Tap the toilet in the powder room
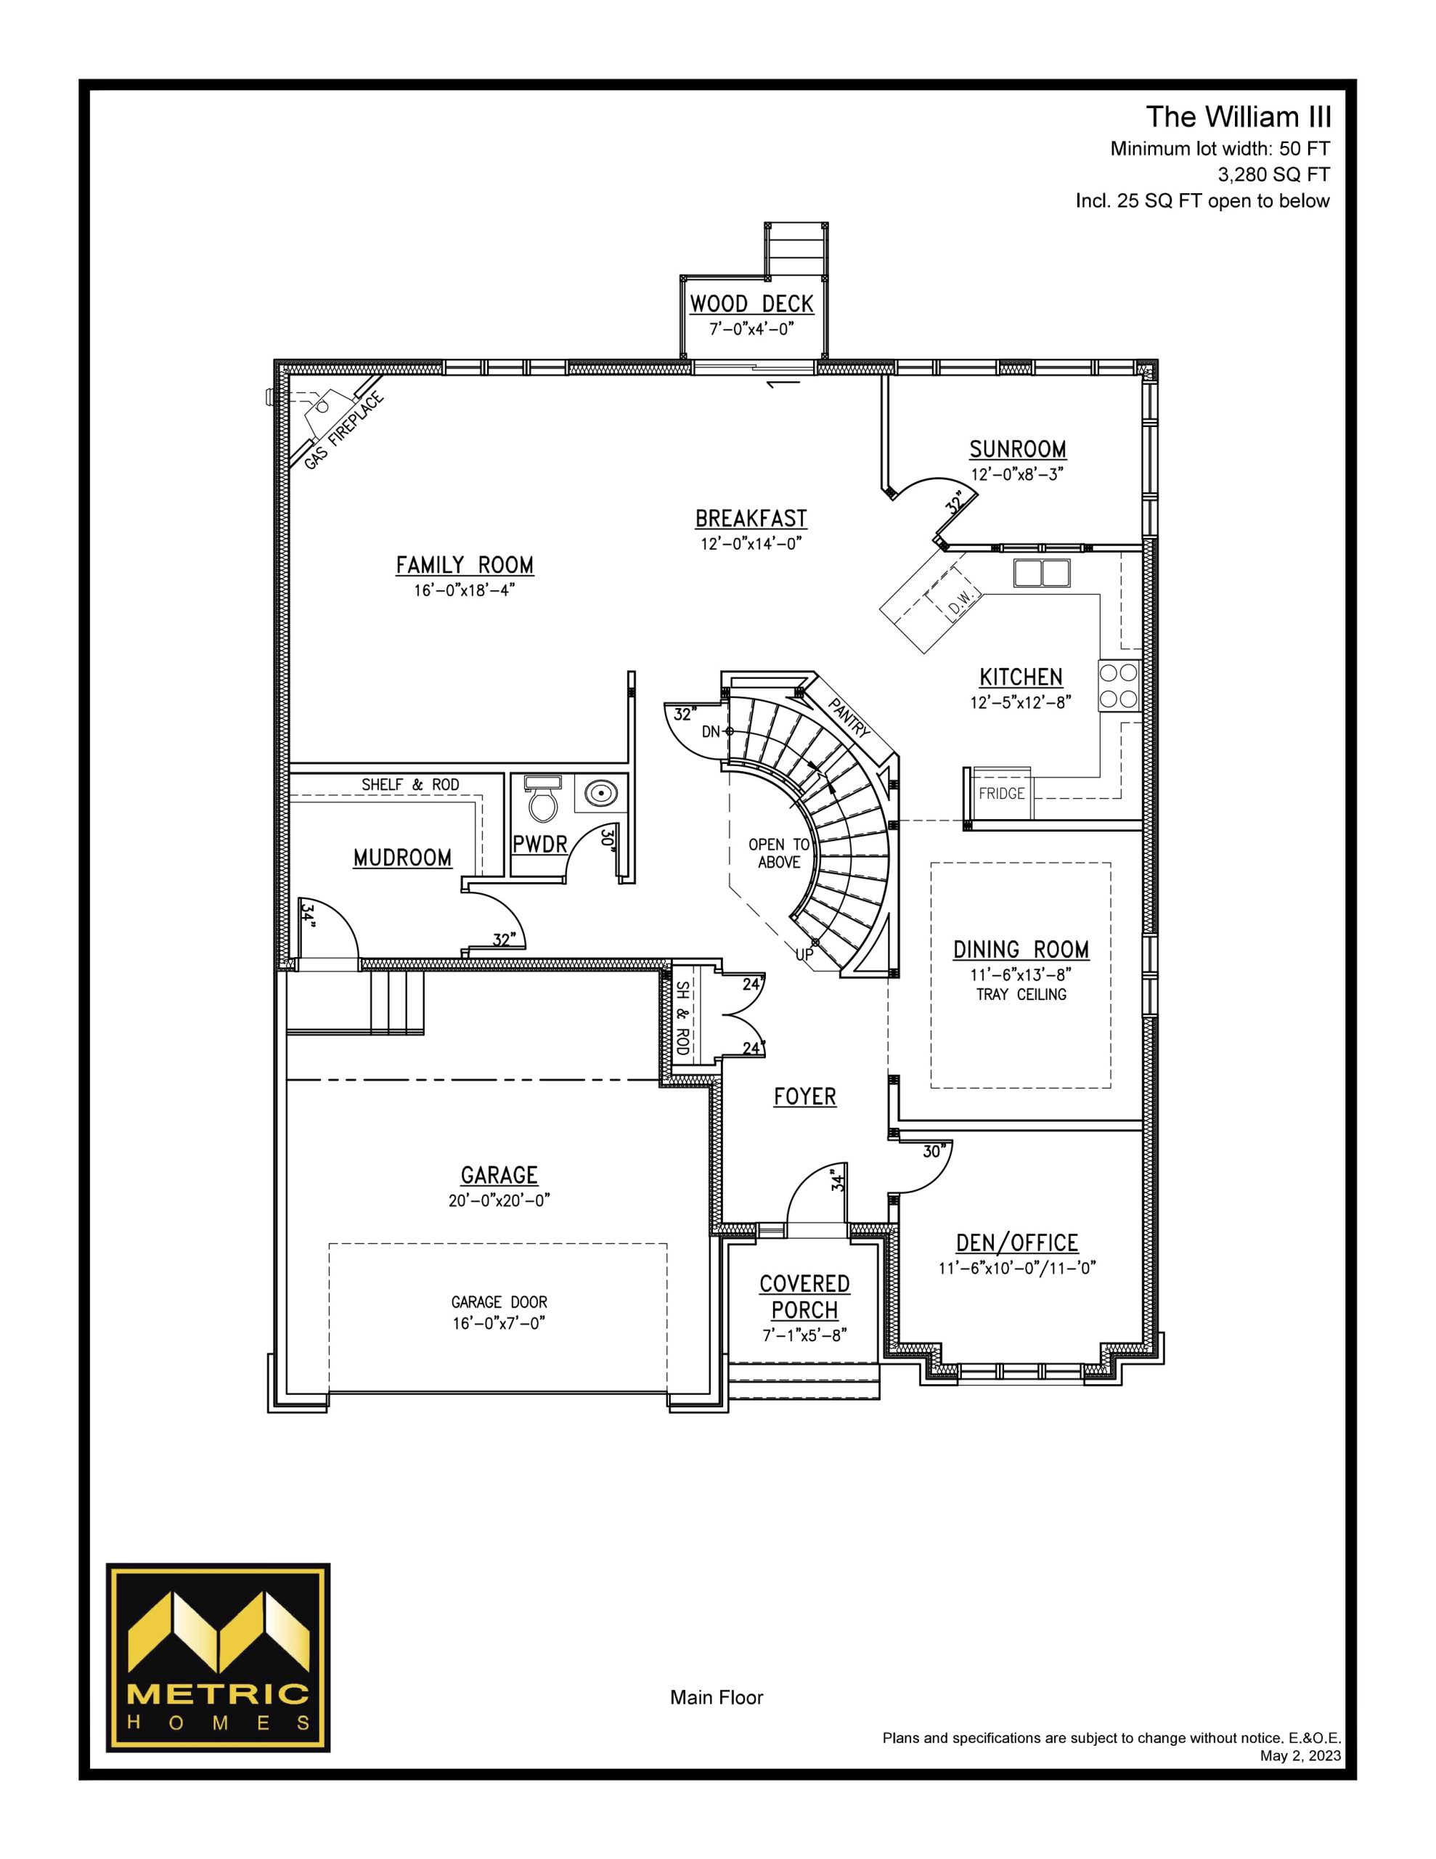[x=542, y=795]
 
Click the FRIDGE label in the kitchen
[x=1001, y=793]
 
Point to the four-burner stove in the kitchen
[x=1119, y=686]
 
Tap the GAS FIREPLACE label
[x=344, y=431]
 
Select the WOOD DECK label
[x=751, y=304]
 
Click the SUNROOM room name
[x=1017, y=449]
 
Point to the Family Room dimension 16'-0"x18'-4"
[x=465, y=590]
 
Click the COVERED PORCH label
[x=804, y=1296]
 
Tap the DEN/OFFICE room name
[x=1017, y=1242]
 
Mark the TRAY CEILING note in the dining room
[x=1021, y=994]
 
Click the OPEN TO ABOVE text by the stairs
[x=779, y=853]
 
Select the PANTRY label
[x=849, y=717]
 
